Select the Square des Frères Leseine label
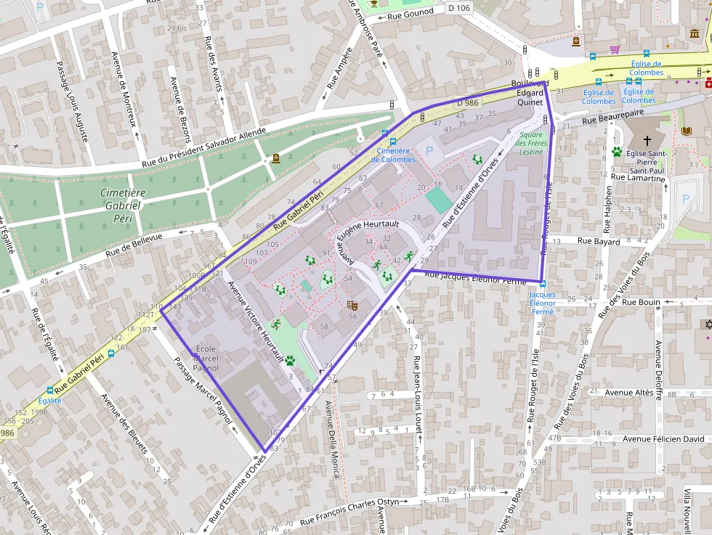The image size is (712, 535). pyautogui.click(x=530, y=143)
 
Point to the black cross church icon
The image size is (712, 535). pyautogui.click(x=647, y=139)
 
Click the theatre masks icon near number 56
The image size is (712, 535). pyautogui.click(x=352, y=306)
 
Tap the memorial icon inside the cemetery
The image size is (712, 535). pyautogui.click(x=275, y=158)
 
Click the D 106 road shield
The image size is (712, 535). pyautogui.click(x=459, y=8)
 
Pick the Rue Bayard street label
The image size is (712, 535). pyautogui.click(x=599, y=240)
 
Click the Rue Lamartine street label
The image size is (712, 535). pyautogui.click(x=638, y=178)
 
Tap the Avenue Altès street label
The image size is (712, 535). pyautogui.click(x=630, y=393)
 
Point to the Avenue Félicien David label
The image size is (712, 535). pyautogui.click(x=663, y=439)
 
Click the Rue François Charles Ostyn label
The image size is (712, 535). pyautogui.click(x=360, y=511)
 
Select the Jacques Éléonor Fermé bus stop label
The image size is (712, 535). pyautogui.click(x=542, y=303)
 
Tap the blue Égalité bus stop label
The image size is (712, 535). pyautogui.click(x=49, y=400)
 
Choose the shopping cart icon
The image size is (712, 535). pyautogui.click(x=615, y=49)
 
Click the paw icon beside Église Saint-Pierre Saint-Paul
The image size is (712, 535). pyautogui.click(x=617, y=152)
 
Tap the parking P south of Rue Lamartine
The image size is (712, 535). pyautogui.click(x=684, y=198)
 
